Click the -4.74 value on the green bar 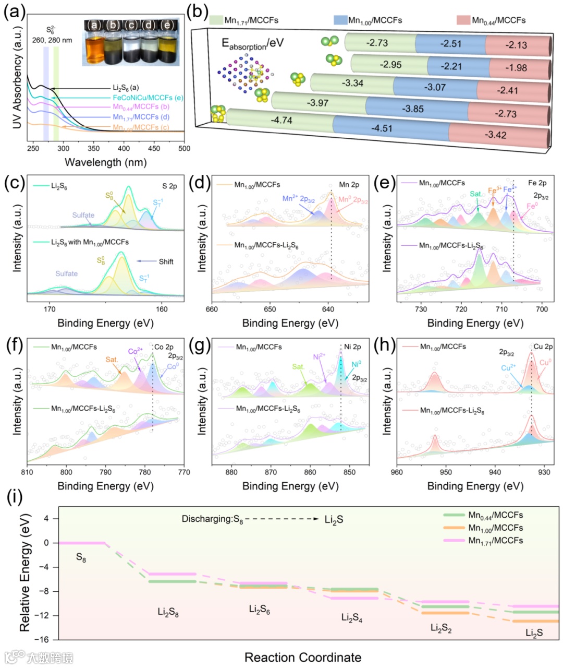281,121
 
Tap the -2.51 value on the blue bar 450,44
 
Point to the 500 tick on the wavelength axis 184,148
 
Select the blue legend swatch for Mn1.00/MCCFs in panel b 340,20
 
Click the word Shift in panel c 166,261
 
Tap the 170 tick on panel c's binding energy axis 50,308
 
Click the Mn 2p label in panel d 349,185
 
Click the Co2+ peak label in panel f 136,351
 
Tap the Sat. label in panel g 298,367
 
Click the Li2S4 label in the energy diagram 352,618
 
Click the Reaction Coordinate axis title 303,657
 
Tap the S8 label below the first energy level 81,558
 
